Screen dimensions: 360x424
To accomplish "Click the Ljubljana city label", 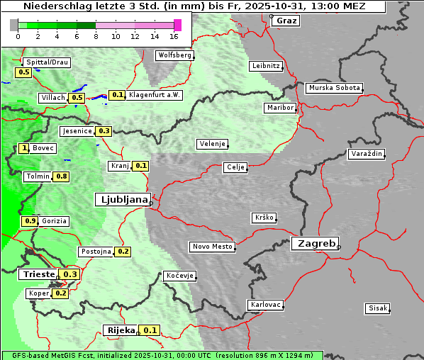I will [122, 199].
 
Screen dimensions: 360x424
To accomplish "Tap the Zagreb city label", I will [314, 243].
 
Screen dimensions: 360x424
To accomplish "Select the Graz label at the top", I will [286, 21].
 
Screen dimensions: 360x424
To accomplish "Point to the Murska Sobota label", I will [334, 88].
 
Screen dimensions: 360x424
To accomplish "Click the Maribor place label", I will [279, 108].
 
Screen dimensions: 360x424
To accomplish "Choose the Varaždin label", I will [366, 154].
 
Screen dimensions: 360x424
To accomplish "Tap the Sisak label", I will [376, 308].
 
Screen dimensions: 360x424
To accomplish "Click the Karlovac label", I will [266, 305].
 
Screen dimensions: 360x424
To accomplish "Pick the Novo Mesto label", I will [211, 247].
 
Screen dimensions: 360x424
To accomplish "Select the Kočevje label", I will [179, 275].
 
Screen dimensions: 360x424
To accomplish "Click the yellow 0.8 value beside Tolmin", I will [62, 176].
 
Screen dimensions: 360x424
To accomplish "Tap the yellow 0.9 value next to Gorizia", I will [30, 221].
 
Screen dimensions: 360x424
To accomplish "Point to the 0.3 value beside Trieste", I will [70, 274].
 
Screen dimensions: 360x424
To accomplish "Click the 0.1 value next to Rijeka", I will [150, 330].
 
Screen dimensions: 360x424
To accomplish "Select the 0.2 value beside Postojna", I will [123, 252].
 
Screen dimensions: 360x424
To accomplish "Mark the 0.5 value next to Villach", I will [77, 97].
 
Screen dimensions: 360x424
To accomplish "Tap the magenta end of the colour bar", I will [177, 25].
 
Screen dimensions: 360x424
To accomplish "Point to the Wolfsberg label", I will [174, 55].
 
